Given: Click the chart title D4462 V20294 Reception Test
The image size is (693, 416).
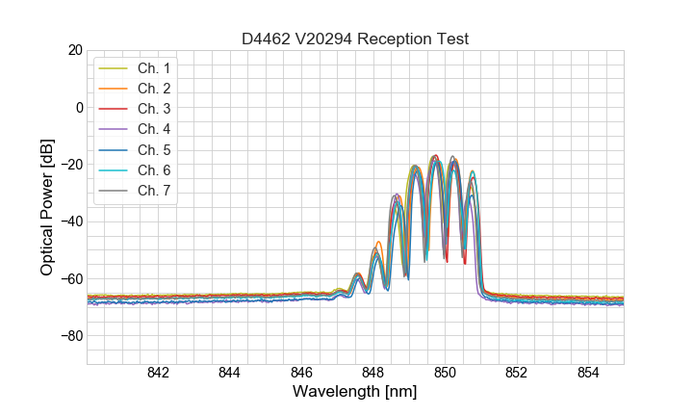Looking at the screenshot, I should coord(355,39).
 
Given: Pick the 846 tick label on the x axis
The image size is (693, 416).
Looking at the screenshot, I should coord(301,374).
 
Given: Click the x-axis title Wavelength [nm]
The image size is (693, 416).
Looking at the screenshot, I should coord(355,393).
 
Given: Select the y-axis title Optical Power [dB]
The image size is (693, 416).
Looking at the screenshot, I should coord(47,207).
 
